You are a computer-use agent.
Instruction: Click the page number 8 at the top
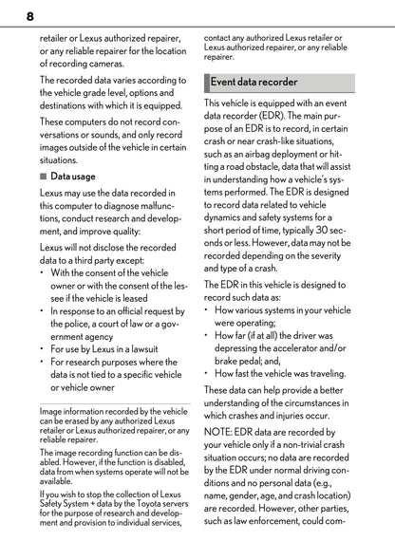(x=30, y=17)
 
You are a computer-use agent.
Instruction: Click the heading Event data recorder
(x=254, y=82)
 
